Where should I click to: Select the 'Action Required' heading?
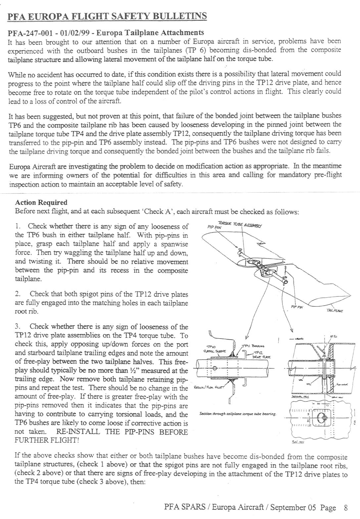pos(41,203)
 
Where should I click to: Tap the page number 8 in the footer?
pos(346,507)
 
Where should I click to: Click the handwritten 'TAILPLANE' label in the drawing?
pos(335,310)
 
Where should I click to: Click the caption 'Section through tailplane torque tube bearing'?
pos(238,414)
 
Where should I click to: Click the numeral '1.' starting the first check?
pos(18,226)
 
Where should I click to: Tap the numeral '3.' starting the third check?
pos(18,327)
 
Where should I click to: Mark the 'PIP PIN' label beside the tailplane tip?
pos(297,307)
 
